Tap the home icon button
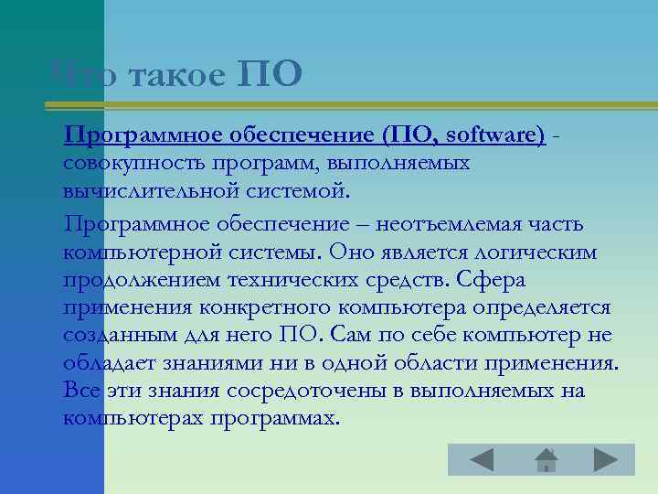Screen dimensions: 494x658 544,459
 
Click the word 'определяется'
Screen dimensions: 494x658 547,307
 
